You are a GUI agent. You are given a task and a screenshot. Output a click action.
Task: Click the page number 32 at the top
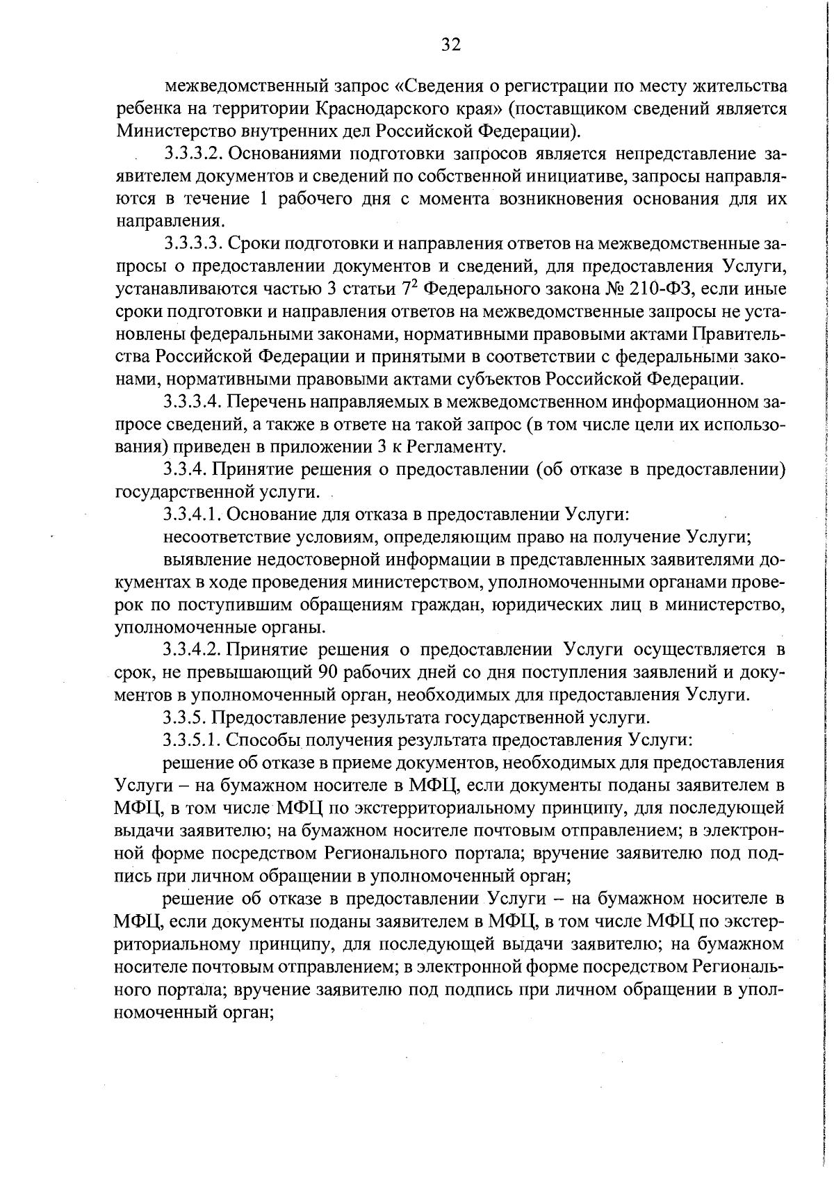(x=450, y=45)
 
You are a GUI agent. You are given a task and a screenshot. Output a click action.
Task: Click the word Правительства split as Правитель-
(x=738, y=334)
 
